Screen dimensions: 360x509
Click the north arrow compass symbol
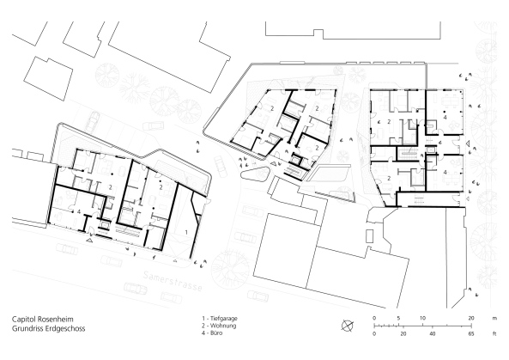click(x=347, y=324)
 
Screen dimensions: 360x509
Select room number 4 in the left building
click(x=79, y=210)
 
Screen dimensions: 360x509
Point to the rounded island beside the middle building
click(x=255, y=175)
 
